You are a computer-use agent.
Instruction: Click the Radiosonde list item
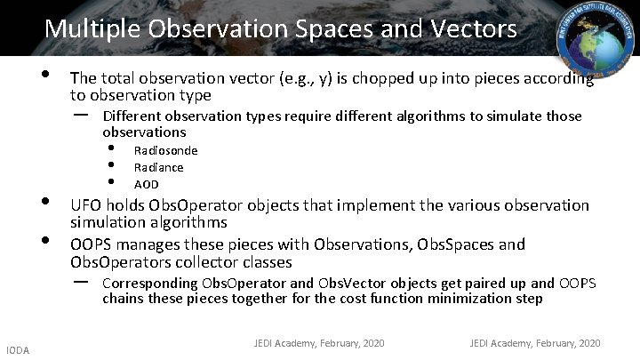tap(165, 150)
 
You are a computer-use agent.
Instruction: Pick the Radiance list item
tap(158, 167)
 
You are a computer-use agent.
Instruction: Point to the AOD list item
tap(146, 184)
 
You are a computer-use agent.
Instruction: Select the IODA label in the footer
tap(16, 351)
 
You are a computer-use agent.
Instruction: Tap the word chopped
tap(352, 78)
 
